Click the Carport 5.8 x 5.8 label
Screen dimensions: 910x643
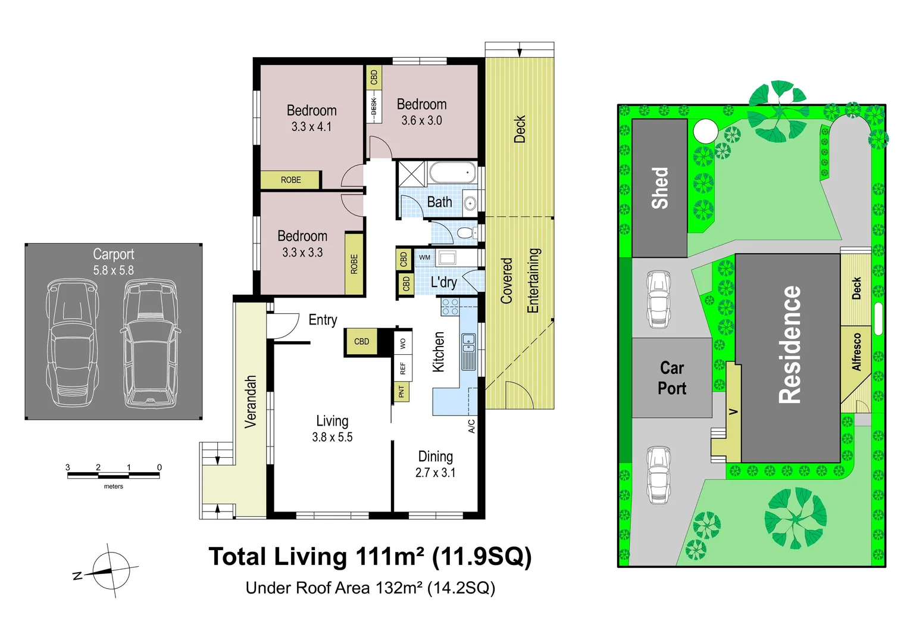click(113, 262)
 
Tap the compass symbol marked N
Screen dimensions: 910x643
click(111, 570)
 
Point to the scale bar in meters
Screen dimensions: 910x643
click(113, 475)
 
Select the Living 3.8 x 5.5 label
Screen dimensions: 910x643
click(332, 429)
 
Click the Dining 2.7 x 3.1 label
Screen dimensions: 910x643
click(435, 464)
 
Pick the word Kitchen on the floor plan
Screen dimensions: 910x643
click(439, 352)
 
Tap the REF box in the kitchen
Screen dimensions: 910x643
click(403, 369)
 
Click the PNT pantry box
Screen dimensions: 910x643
click(402, 392)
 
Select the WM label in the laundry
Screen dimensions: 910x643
click(424, 257)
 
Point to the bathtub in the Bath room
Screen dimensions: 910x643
click(452, 173)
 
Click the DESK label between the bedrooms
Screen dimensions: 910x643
click(374, 107)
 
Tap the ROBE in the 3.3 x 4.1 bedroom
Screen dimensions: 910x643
click(290, 180)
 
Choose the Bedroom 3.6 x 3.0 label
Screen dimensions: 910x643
click(421, 112)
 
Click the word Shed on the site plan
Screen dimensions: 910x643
click(659, 188)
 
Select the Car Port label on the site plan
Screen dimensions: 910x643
click(672, 378)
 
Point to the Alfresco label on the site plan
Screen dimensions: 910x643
click(856, 352)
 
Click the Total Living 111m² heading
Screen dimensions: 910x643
click(370, 557)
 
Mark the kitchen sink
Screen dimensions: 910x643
click(469, 351)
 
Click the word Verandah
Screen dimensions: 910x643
click(251, 401)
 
